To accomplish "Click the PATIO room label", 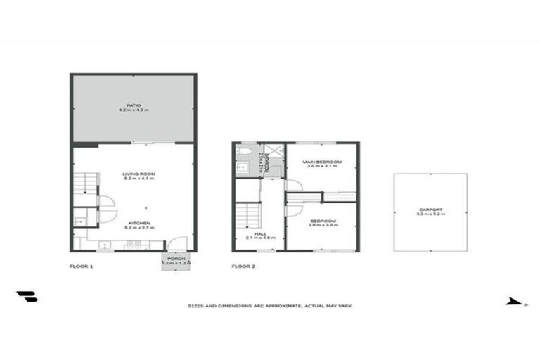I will click(134, 105).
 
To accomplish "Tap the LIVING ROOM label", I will click(139, 173).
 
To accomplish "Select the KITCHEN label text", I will click(139, 223).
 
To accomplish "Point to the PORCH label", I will click(176, 257).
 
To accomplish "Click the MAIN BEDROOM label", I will click(322, 162).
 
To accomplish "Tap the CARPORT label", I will click(429, 208).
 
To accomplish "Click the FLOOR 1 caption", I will click(81, 266).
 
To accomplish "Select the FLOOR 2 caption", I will click(243, 266).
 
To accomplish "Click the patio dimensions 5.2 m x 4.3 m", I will click(134, 111).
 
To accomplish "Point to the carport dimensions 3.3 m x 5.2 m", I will click(429, 213).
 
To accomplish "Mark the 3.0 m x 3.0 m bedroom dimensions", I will click(322, 226).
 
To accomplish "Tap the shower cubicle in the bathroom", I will click(276, 150).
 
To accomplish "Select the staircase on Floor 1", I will click(84, 184).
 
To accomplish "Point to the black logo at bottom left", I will click(27, 297).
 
